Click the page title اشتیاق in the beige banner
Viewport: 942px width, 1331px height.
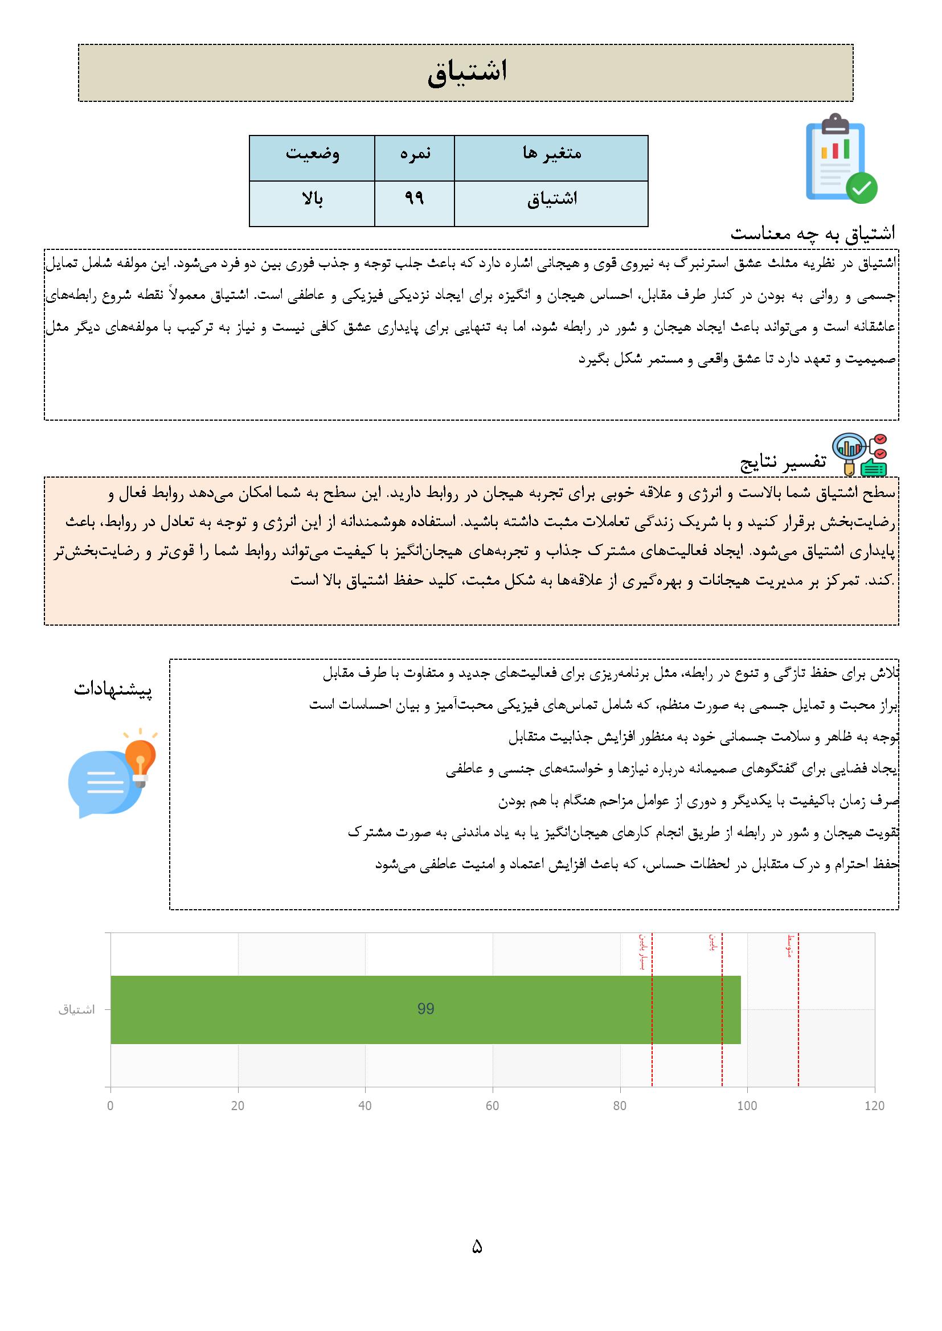pos(467,72)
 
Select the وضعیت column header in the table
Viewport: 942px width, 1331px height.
pos(312,154)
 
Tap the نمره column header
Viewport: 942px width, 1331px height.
pos(415,154)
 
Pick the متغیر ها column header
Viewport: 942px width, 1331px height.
pos(551,154)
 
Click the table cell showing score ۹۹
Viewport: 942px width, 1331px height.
pos(414,199)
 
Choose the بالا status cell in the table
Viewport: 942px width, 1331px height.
pos(312,199)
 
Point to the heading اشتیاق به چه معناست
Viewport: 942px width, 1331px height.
pos(812,233)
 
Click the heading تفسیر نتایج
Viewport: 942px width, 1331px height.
pos(783,462)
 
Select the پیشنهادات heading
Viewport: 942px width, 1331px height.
pos(113,690)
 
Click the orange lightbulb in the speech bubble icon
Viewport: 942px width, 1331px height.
pos(140,756)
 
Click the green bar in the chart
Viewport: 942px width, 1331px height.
pos(522,1010)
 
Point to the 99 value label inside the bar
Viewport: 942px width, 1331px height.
pos(426,1009)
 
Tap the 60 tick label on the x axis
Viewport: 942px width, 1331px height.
pos(493,1106)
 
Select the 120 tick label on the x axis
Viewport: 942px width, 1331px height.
pos(874,1106)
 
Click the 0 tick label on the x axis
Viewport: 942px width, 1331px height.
pos(110,1106)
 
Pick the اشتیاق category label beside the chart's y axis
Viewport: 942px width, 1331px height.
pos(76,1010)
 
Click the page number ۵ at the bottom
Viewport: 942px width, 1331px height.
pos(477,1247)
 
